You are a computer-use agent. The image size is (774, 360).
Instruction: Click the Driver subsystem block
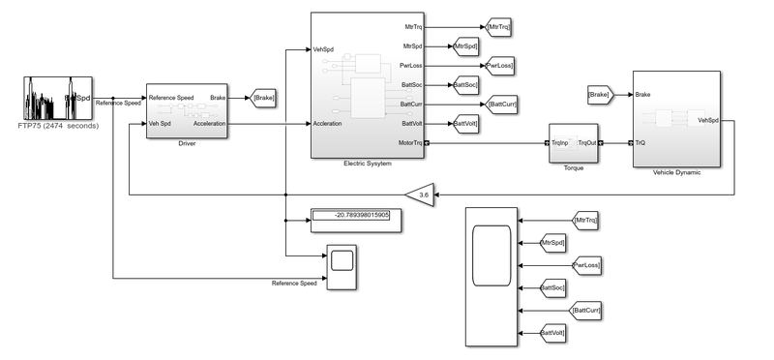[187, 110]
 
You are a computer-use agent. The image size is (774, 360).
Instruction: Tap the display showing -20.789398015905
[351, 216]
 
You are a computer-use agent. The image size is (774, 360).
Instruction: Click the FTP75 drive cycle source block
[56, 98]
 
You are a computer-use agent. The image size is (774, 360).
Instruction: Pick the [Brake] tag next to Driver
[263, 97]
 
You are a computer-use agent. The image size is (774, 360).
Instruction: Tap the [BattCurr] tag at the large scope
[587, 310]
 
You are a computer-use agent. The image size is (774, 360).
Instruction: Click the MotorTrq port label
[404, 143]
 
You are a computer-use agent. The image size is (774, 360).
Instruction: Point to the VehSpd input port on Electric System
[325, 48]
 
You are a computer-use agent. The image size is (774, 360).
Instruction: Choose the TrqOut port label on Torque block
[586, 143]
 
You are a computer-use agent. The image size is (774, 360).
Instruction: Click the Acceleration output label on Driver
[210, 124]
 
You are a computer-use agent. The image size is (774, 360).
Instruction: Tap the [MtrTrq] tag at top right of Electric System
[499, 27]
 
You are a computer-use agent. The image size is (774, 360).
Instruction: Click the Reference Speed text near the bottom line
[294, 284]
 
